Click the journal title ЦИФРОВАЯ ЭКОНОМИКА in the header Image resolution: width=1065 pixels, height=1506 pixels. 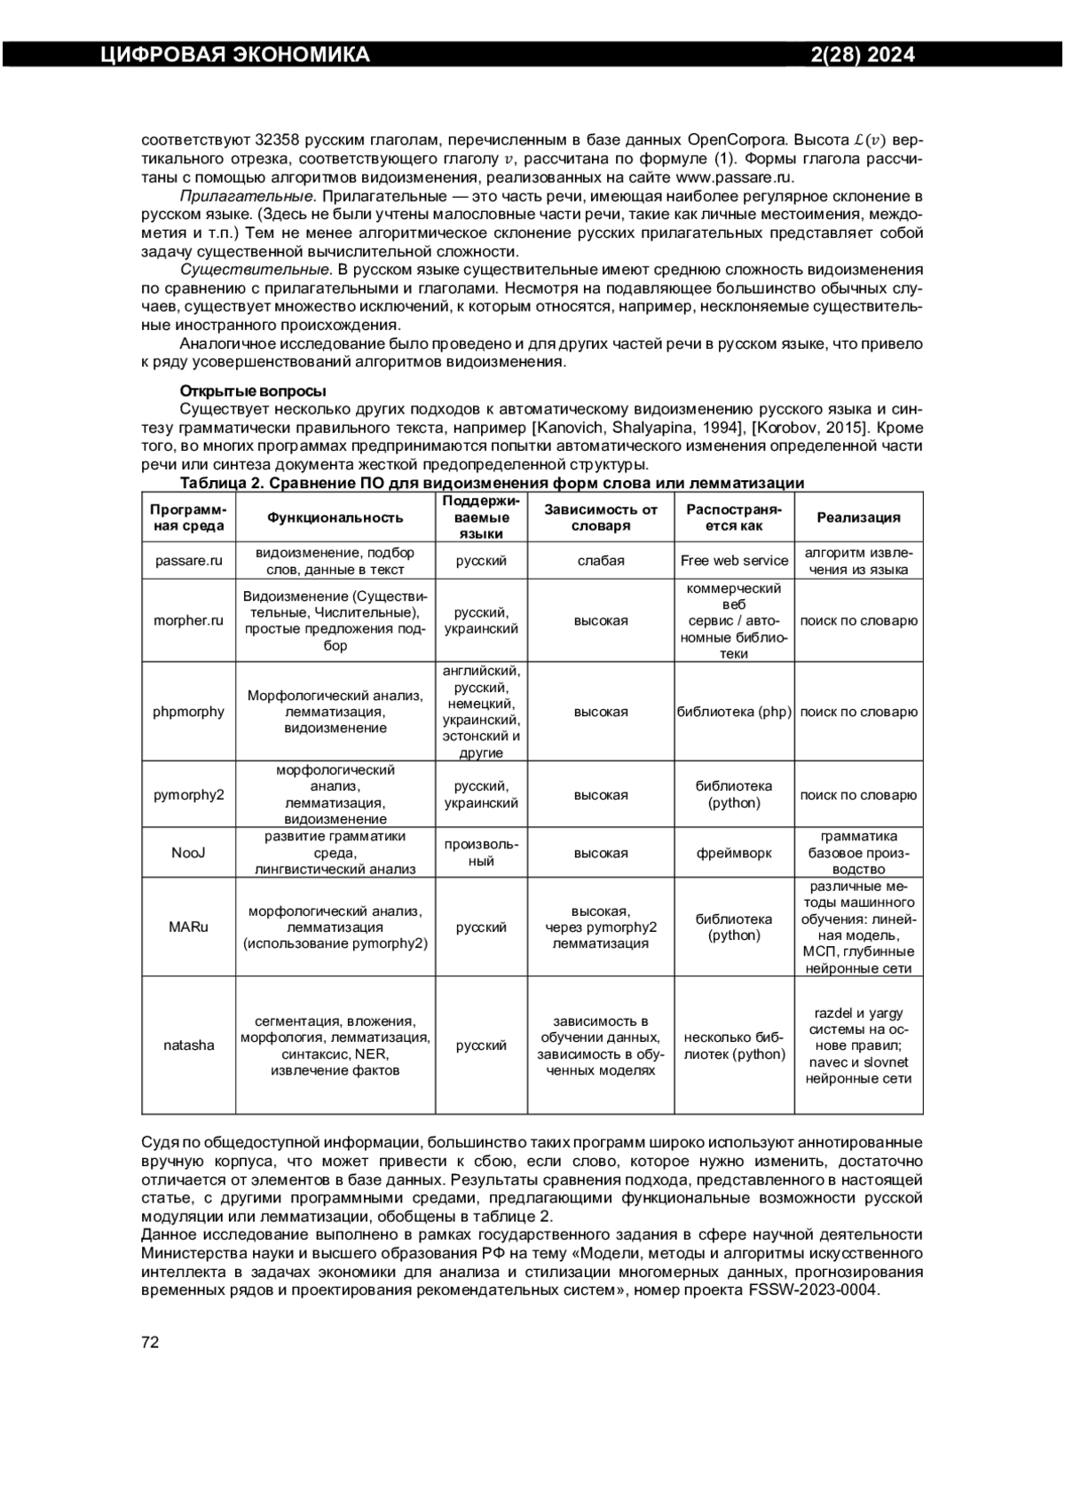pos(234,55)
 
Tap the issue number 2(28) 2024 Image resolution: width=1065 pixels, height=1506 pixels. pos(863,55)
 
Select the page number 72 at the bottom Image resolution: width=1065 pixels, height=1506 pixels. pos(150,1342)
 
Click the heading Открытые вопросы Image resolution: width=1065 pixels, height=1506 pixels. pos(253,390)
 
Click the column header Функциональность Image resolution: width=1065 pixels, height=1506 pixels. pos(335,517)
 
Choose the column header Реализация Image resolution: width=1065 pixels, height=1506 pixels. pos(858,517)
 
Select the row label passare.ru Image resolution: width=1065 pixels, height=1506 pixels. pos(188,561)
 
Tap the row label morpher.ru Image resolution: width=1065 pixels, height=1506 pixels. pos(188,620)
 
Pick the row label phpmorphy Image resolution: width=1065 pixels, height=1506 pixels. pos(188,712)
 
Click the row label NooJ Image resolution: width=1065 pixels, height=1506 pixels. pos(188,853)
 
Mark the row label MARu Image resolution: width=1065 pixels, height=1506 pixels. pos(188,927)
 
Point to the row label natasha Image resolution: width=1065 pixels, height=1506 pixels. pos(188,1045)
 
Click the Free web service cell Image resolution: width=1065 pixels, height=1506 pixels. pos(734,561)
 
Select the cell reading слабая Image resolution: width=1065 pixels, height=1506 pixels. pos(601,561)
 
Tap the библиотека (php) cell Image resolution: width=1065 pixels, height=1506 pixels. pos(734,712)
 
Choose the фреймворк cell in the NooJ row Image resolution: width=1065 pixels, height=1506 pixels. pos(734,853)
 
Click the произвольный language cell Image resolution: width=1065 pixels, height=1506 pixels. pos(481,853)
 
